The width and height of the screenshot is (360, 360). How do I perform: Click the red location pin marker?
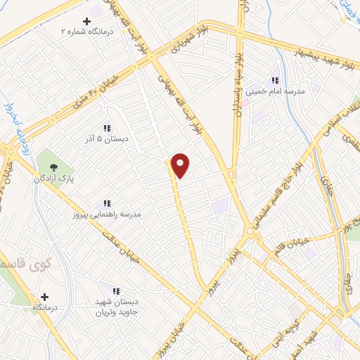click(x=181, y=166)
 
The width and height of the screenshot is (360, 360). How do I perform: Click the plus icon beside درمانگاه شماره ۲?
click(x=86, y=21)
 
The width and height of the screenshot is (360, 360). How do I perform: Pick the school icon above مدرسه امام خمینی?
click(x=275, y=80)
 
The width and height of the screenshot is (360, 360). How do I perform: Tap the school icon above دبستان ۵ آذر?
click(x=107, y=128)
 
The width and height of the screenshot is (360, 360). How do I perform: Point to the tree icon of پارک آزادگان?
click(x=53, y=166)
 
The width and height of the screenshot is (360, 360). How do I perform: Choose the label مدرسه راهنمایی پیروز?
click(x=107, y=213)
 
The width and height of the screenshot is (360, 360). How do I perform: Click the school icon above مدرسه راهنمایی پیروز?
click(x=107, y=203)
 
